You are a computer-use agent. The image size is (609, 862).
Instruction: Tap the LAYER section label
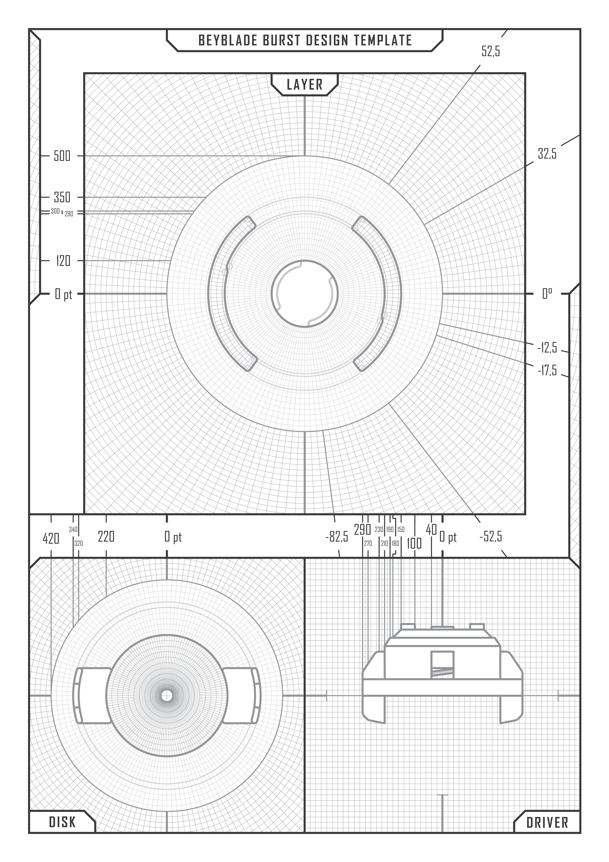click(x=305, y=85)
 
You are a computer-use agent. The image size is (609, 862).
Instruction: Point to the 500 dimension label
click(x=62, y=156)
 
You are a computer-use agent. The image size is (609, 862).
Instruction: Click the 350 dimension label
click(x=62, y=197)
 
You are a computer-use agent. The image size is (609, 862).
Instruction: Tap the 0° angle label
click(x=547, y=294)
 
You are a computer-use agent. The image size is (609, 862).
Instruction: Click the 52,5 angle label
click(x=491, y=51)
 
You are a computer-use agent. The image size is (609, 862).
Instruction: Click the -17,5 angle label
click(x=547, y=371)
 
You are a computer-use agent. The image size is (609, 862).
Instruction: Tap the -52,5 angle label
click(x=491, y=537)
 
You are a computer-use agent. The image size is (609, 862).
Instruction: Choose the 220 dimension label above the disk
click(x=106, y=537)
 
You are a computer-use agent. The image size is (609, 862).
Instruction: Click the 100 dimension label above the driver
click(x=414, y=543)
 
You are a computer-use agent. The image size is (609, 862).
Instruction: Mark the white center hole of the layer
click(x=305, y=294)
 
